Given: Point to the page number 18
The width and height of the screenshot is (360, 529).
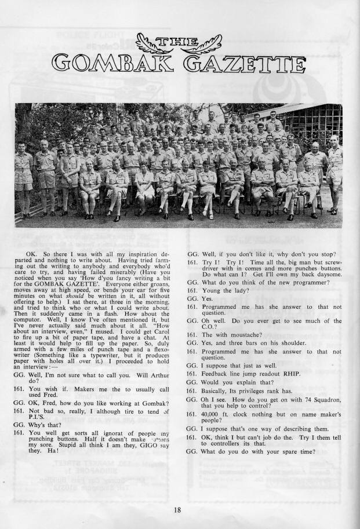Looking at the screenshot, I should click(177, 510).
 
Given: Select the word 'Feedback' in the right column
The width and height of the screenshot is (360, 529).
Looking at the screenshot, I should click(216, 374).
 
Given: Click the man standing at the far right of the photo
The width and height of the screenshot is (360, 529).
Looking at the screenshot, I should click(334, 177).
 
